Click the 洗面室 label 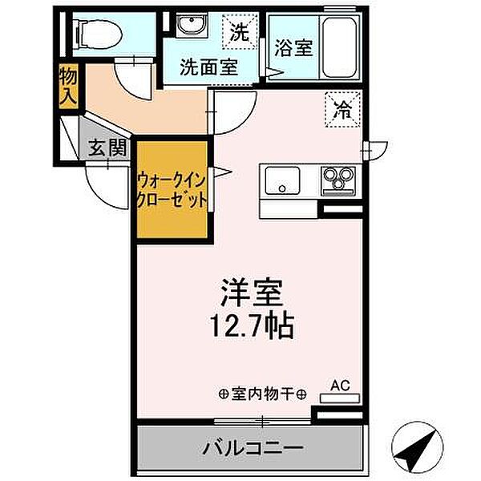[208, 67]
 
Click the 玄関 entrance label [107, 147]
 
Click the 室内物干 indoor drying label [263, 394]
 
